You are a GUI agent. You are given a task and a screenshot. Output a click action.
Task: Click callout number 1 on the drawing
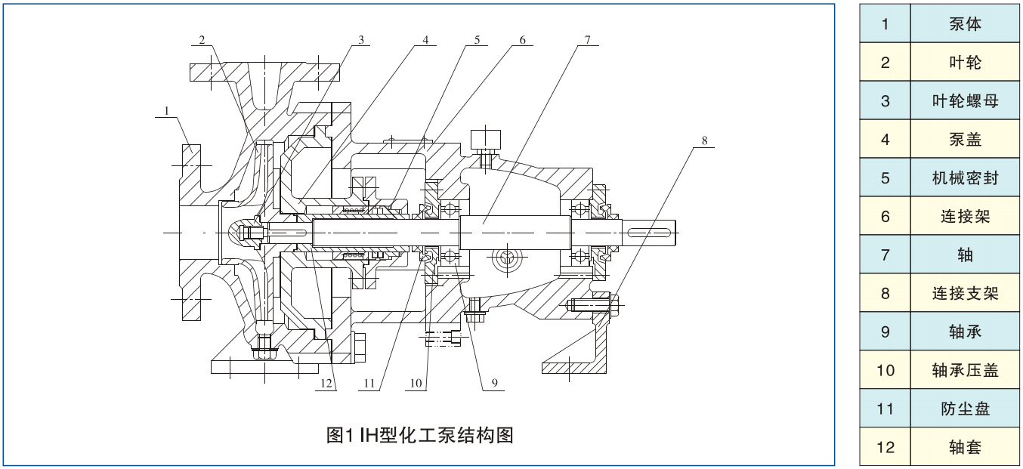point(168,111)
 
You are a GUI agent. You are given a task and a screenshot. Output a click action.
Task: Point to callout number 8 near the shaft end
point(704,140)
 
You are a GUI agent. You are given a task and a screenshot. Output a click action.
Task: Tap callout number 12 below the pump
point(326,384)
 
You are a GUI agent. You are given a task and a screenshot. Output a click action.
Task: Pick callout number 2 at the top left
point(202,39)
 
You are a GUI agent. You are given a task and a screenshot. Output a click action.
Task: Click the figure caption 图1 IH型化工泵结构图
point(419,435)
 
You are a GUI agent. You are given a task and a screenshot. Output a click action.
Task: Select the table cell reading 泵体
point(965,23)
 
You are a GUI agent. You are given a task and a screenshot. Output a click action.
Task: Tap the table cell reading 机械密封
point(965,178)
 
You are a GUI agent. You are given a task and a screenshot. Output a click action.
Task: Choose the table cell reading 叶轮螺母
point(965,100)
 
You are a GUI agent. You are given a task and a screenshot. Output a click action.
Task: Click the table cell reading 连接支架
point(965,294)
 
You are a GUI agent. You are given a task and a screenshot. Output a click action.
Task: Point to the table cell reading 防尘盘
point(965,409)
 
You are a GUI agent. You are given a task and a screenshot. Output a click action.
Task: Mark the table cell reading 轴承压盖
point(965,371)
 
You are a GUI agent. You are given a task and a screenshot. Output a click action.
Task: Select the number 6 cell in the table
point(885,217)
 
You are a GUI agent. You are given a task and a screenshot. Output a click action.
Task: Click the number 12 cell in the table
point(885,448)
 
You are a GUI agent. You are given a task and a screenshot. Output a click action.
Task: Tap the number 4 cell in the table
point(885,140)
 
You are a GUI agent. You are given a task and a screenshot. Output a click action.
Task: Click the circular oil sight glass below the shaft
point(505,261)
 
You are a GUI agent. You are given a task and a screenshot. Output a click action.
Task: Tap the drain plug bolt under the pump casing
point(264,348)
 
